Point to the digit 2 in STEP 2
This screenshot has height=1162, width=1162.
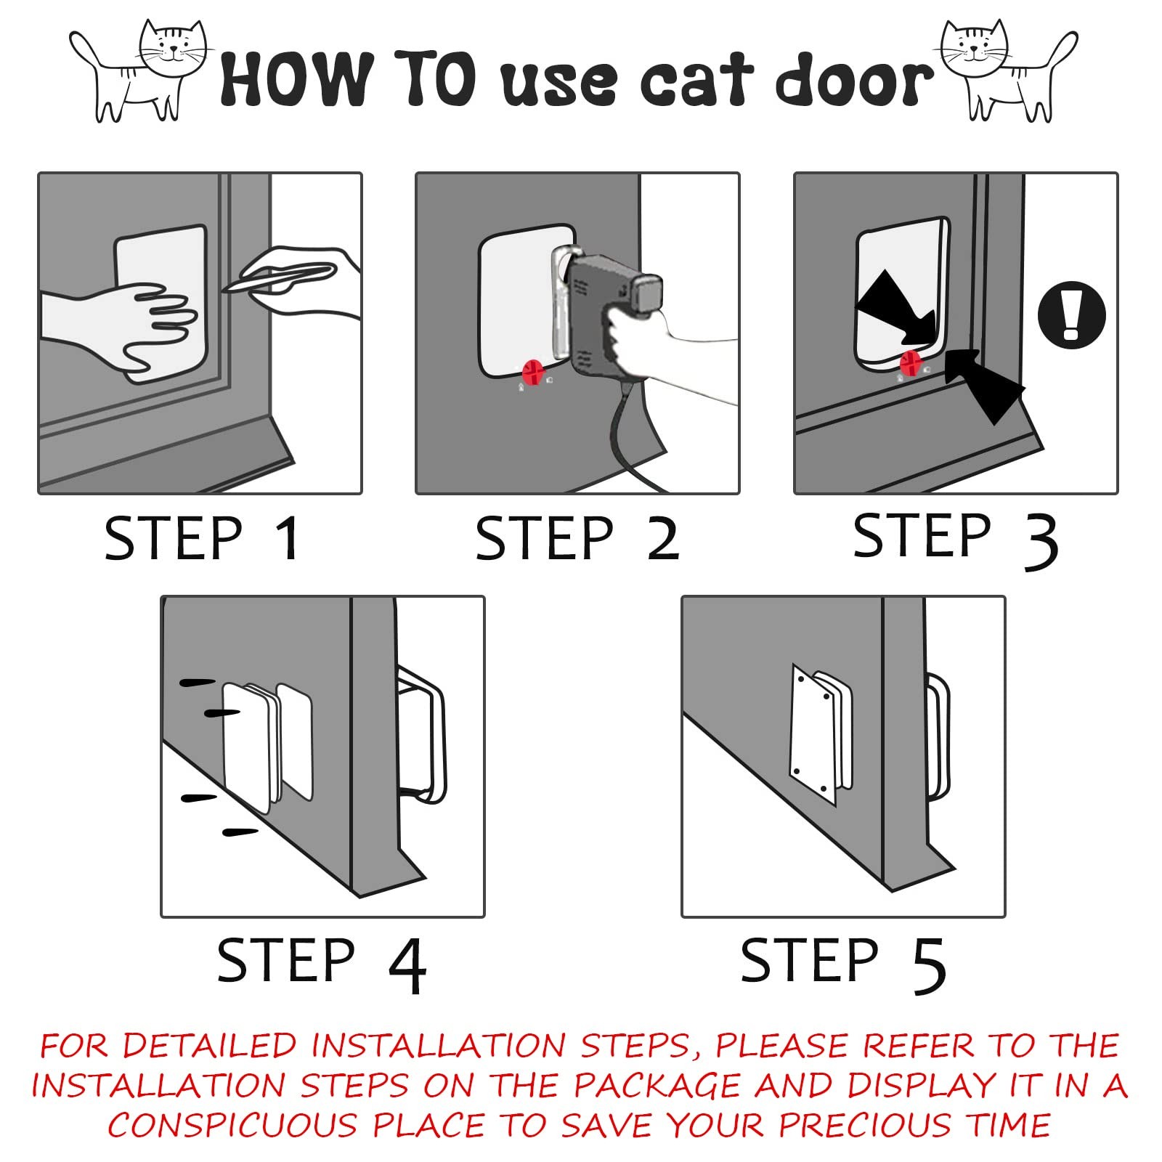point(663,538)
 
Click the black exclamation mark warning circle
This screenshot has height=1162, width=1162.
point(1072,315)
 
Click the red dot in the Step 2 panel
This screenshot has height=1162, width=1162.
point(534,371)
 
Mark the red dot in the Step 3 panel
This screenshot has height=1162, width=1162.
point(911,363)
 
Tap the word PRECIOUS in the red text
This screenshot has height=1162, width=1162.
point(866,1125)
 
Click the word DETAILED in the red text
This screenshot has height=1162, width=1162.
point(210,1046)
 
